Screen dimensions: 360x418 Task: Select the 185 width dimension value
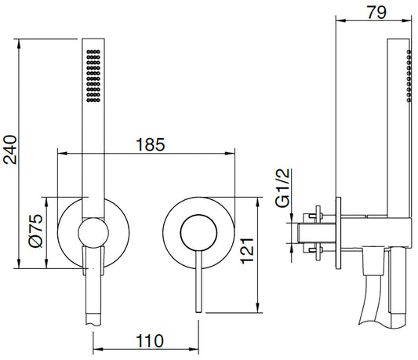[x=150, y=144]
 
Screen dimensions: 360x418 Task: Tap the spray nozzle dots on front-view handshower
[x=93, y=76]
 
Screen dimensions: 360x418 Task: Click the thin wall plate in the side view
[x=338, y=232]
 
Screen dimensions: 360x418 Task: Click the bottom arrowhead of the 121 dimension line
[x=260, y=307]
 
